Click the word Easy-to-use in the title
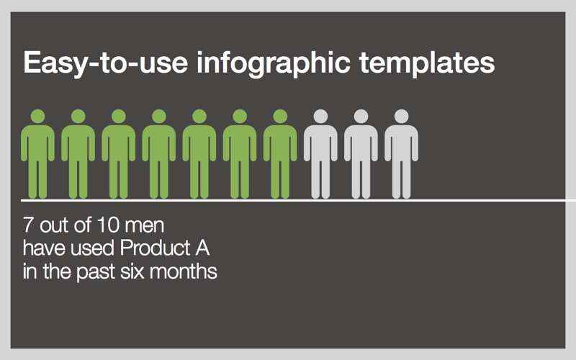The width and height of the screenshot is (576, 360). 106,63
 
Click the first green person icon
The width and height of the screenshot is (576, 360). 38,154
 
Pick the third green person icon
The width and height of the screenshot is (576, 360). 119,154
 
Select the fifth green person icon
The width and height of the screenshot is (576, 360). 199,154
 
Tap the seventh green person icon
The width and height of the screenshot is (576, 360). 280,154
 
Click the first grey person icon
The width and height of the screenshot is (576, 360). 320,154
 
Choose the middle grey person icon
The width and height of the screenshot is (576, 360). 361,154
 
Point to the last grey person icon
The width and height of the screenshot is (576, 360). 402,154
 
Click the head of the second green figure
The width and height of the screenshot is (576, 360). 78,117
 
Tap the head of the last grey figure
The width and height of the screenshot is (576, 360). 402,117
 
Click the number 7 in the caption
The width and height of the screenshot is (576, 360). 28,225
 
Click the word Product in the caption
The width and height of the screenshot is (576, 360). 155,248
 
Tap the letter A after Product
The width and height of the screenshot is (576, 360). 202,248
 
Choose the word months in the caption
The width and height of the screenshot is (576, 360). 184,271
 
